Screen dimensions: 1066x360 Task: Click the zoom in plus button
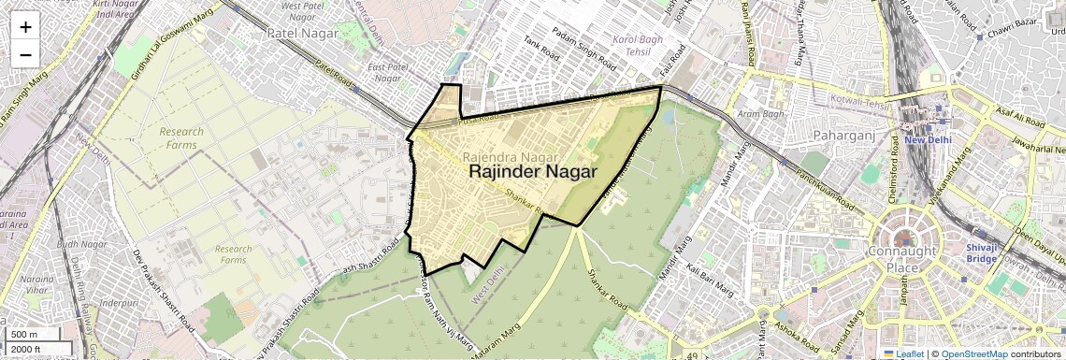pos(25,27)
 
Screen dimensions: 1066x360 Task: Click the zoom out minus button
pos(25,54)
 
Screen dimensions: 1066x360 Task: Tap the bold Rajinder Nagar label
pos(532,172)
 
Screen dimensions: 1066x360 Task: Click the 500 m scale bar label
pos(24,335)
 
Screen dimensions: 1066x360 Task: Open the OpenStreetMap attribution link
pos(973,354)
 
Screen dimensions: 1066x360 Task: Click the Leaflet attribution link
pos(903,354)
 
